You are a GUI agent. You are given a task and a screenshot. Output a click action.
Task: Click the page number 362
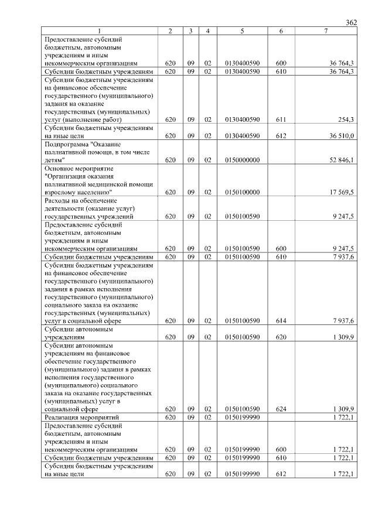tap(351, 22)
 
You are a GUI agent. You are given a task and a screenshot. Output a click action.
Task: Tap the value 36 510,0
tap(341, 135)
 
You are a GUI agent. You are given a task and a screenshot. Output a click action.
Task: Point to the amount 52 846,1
tap(341, 159)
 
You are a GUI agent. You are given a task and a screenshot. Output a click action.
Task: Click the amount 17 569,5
tap(341, 192)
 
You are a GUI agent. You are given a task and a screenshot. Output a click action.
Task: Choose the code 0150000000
tap(242, 159)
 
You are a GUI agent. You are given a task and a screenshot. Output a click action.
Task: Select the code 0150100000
tap(242, 192)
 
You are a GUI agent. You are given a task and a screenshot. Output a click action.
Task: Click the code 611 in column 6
tap(281, 119)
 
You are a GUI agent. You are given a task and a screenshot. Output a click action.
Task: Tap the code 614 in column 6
tap(281, 320)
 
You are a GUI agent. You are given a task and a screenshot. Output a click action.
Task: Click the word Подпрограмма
tap(67, 143)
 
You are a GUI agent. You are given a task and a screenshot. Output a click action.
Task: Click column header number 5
tap(242, 30)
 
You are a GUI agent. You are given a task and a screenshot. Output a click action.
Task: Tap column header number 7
tap(326, 30)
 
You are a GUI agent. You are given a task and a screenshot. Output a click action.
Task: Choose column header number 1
tap(99, 30)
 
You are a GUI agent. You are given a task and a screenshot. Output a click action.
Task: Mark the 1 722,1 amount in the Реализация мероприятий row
tap(343, 417)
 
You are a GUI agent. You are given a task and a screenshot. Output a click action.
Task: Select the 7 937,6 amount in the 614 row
tap(343, 320)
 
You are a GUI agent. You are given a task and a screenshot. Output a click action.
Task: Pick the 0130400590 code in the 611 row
tap(242, 119)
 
